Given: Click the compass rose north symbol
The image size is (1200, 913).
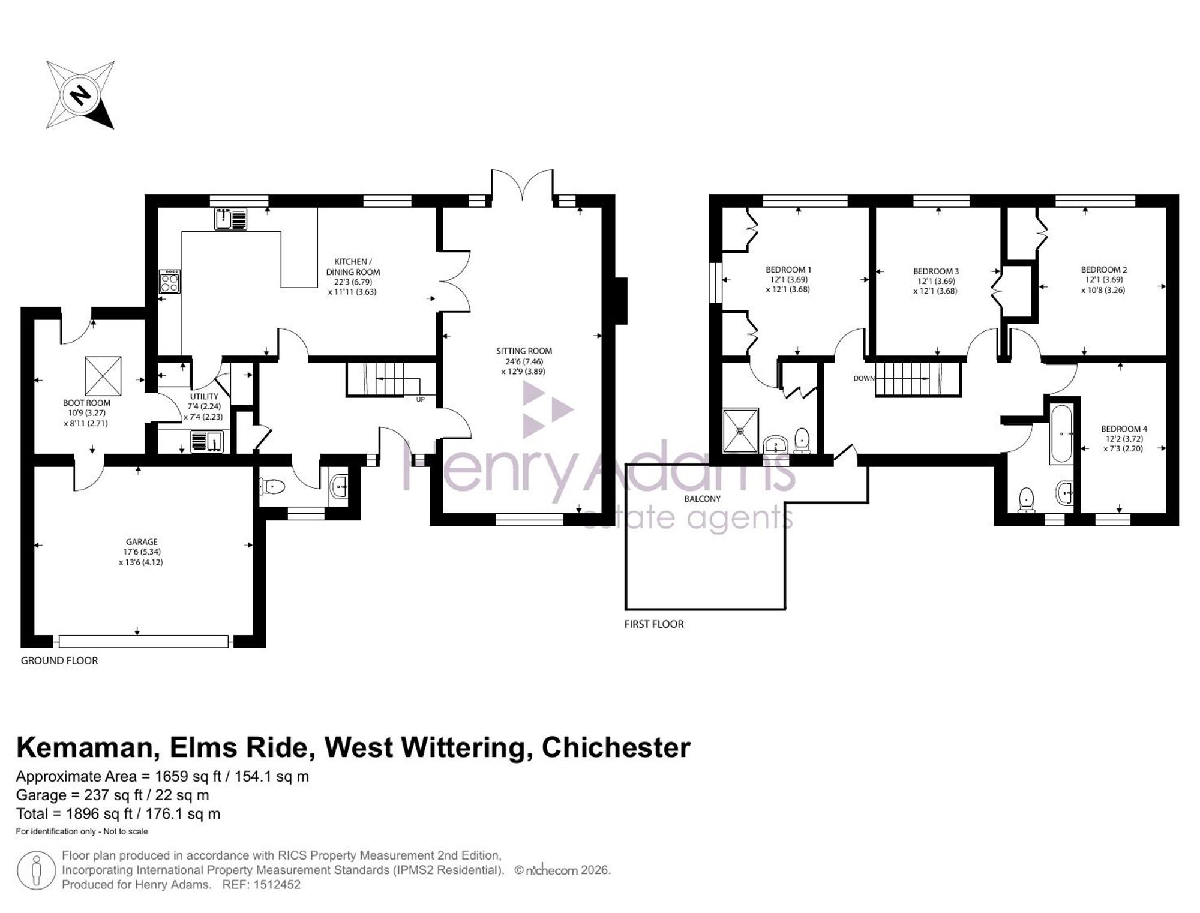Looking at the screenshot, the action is point(80,95).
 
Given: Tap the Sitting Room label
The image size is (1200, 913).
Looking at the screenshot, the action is point(524,351).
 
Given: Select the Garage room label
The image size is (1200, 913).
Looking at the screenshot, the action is point(142,541).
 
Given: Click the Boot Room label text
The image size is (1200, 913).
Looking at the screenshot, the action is point(86,403).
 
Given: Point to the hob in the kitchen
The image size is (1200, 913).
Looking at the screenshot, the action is point(170,282).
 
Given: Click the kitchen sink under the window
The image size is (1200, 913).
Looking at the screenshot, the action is point(230,218).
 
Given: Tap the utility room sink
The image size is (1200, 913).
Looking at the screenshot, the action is point(207,442).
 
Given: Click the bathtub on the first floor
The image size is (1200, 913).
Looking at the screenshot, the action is point(1061,433).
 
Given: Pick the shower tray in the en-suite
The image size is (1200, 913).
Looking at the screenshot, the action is point(740,430).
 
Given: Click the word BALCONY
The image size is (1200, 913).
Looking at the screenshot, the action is point(703,499).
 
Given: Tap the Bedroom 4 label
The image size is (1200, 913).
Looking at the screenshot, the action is point(1124,429).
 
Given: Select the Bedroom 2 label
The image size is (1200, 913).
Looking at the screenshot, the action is point(1104,270).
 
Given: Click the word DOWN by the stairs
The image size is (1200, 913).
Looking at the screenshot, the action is point(864,379).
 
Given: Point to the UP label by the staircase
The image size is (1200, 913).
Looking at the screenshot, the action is point(420,399).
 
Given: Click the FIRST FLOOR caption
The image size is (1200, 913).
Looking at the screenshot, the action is point(654,624).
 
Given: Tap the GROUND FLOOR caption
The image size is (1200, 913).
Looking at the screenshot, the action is point(59,661).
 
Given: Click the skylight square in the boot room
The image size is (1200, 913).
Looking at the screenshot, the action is point(103,376).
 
